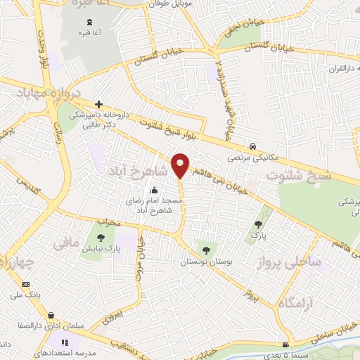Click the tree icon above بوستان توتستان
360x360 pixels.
pos(206,250)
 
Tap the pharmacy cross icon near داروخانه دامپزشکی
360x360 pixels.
pos(99,104)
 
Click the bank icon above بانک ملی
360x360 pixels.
pos(26,284)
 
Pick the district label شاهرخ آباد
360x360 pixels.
pos(139,172)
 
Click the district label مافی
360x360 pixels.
pos(67,245)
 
